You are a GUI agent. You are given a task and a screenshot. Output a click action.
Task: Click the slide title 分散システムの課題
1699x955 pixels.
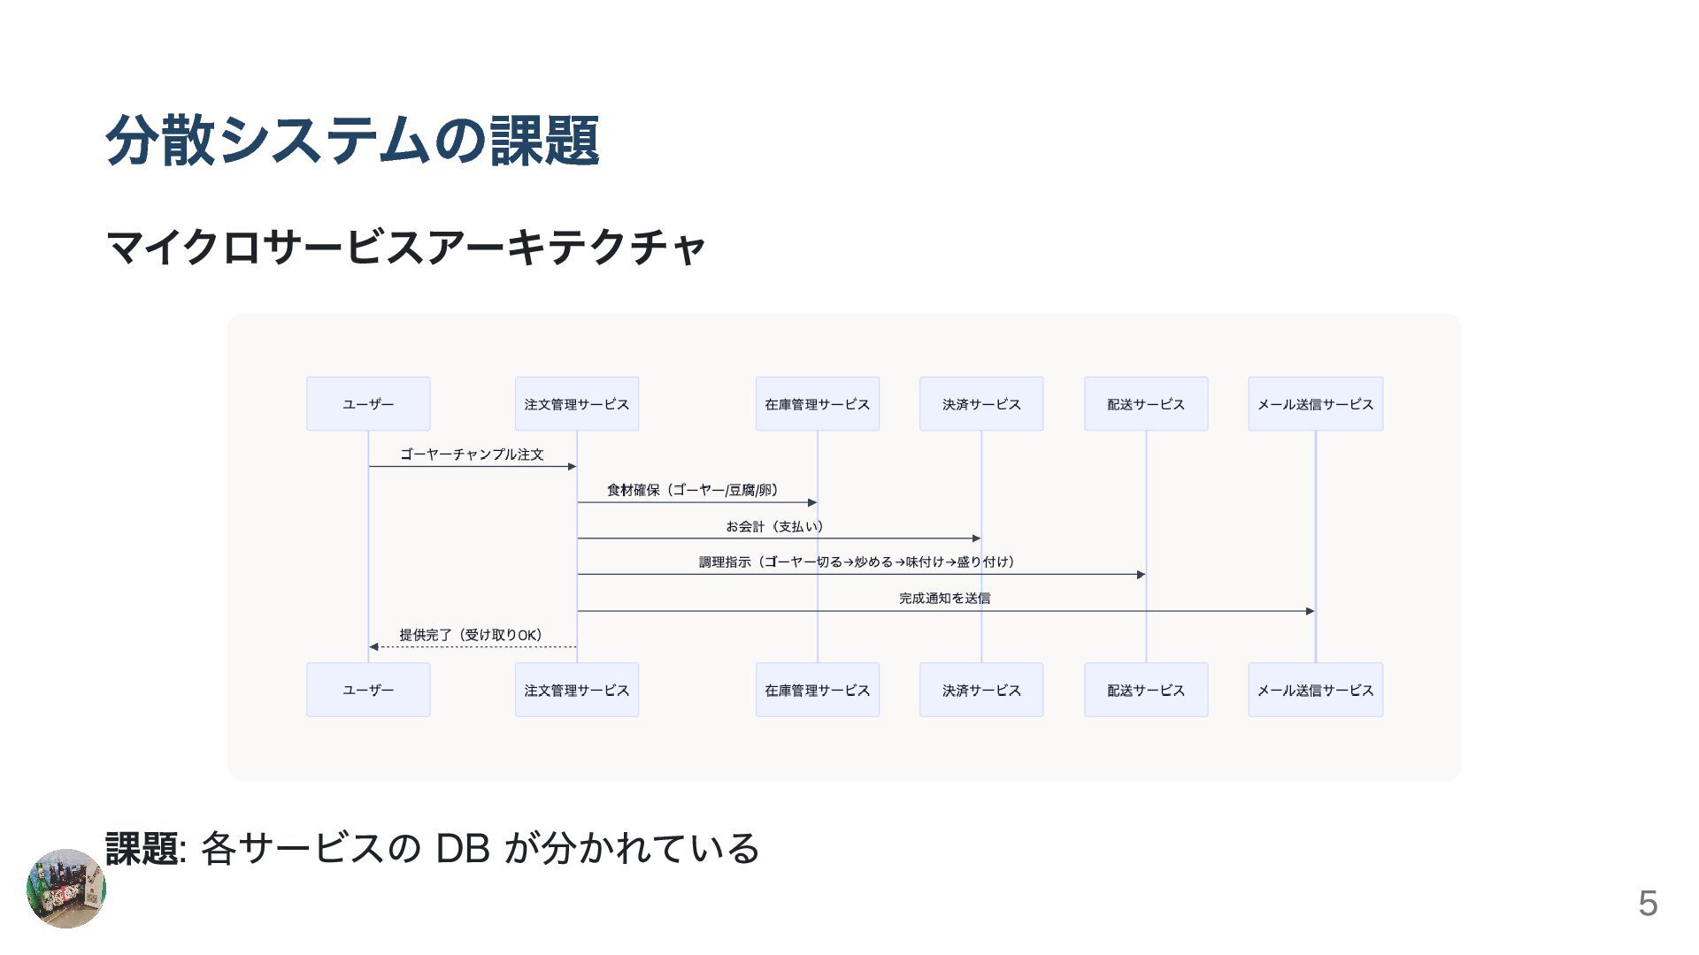coord(352,141)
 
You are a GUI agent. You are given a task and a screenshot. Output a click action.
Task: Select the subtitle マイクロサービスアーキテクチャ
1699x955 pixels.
coord(405,247)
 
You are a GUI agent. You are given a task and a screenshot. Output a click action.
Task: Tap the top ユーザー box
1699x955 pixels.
coord(368,404)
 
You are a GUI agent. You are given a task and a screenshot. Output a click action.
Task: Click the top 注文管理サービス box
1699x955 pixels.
coord(576,404)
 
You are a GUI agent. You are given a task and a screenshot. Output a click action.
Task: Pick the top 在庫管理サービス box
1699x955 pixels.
coord(817,404)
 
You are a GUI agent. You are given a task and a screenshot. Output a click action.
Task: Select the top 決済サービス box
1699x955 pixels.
coord(980,404)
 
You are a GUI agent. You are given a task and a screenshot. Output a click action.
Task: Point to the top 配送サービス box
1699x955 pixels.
coord(1145,404)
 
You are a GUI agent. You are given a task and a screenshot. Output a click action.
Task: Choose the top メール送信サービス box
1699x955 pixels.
coord(1315,404)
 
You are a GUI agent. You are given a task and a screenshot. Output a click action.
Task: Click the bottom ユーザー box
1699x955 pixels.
coord(368,690)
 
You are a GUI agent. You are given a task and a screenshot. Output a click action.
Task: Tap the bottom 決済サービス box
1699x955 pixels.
coord(980,690)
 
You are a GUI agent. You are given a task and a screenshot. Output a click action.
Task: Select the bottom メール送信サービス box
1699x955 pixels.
coord(1315,690)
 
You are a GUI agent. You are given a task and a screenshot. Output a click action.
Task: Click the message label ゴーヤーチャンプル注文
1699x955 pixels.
coord(472,455)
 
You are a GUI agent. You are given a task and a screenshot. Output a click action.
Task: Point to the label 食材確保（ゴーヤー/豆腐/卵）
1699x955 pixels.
coord(692,490)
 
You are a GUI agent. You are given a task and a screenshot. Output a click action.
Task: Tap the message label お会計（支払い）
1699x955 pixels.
coord(775,526)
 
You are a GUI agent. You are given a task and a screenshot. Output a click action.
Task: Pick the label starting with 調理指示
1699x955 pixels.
coord(857,562)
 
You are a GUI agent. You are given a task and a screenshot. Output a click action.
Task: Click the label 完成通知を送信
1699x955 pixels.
coord(944,599)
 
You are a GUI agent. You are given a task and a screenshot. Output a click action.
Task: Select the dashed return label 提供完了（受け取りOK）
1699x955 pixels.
coord(471,635)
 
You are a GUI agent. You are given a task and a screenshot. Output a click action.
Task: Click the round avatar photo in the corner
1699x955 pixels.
coord(66,889)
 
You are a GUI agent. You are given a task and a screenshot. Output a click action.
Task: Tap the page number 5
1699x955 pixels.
coord(1647,904)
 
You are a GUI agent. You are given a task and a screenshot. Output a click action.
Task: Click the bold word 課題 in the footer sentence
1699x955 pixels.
coord(142,849)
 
